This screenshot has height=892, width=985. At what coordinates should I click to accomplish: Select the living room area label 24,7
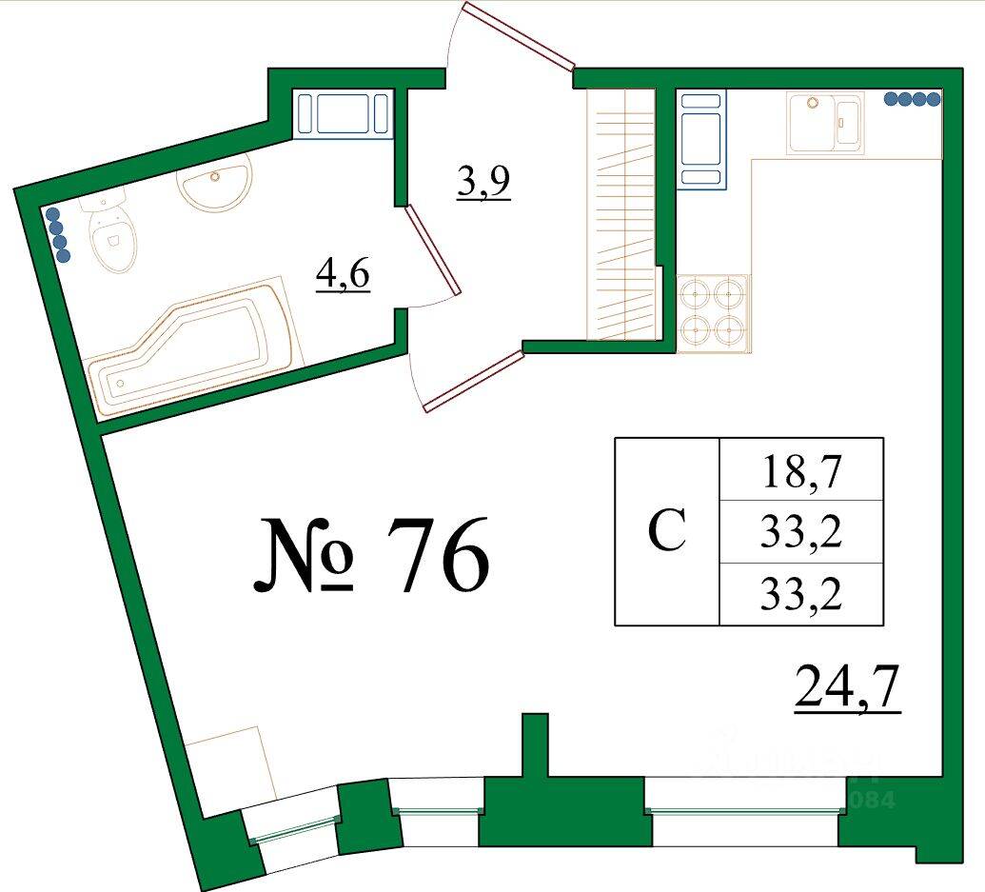847,690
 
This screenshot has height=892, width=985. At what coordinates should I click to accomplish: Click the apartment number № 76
371,554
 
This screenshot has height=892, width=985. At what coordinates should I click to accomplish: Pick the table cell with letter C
667,532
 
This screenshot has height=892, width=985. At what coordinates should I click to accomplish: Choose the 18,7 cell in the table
802,469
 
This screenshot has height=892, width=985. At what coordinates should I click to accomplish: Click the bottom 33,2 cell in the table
802,595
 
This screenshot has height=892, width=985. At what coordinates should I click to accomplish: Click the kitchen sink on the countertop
825,121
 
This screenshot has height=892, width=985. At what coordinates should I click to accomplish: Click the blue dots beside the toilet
59,235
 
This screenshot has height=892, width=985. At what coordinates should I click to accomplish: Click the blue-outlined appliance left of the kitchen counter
701,139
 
